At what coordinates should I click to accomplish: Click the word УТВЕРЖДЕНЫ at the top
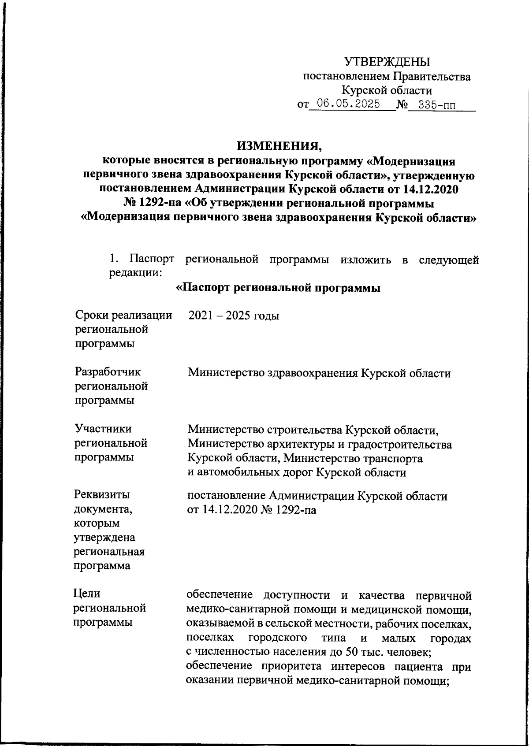[387, 62]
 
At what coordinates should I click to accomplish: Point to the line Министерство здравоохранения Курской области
[320, 373]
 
